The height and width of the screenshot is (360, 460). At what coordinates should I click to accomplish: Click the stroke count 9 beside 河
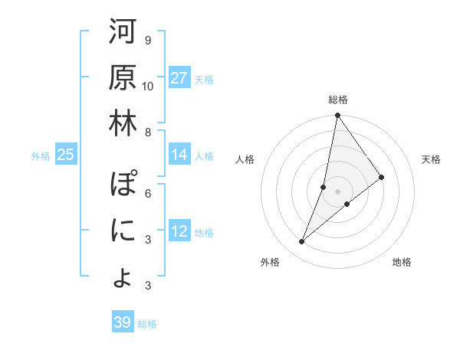click(148, 40)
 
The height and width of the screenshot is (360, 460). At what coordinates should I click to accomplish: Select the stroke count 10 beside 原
click(148, 85)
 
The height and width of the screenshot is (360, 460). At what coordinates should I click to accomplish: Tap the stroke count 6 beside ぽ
click(148, 193)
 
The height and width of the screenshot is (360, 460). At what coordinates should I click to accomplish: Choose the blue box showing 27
click(179, 77)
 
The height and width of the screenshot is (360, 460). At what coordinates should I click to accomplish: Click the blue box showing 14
click(179, 155)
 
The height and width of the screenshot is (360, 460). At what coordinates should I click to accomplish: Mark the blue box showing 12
click(179, 231)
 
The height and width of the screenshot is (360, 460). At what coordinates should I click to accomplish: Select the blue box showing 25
click(66, 155)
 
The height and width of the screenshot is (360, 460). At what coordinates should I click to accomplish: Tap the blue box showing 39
click(123, 322)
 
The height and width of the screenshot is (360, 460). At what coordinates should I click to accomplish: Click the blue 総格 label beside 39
click(148, 324)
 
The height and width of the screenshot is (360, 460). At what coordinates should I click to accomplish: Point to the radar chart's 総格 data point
click(337, 116)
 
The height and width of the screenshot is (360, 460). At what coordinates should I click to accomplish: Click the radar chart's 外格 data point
click(302, 242)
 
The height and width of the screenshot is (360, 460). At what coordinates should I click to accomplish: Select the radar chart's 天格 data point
click(382, 177)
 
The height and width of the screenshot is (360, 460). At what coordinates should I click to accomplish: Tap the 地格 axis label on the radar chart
click(402, 263)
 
